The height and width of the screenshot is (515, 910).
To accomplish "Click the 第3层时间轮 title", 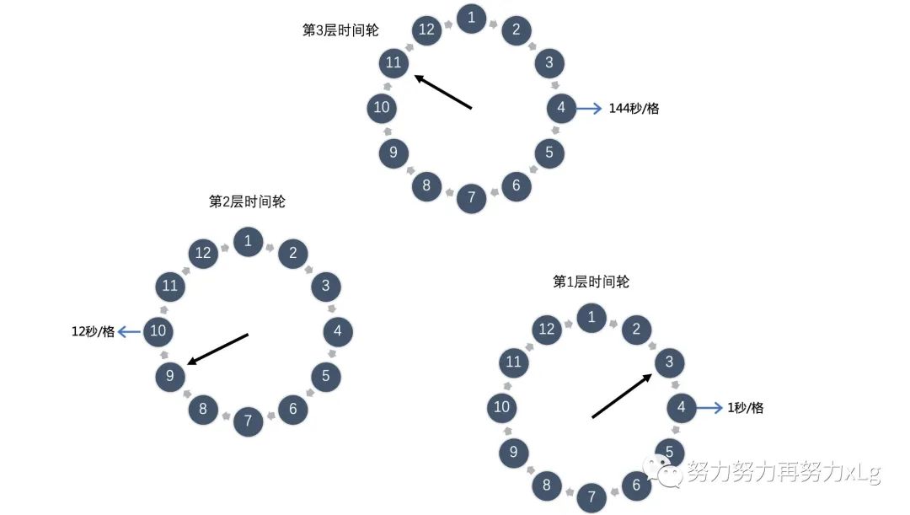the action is (x=340, y=30).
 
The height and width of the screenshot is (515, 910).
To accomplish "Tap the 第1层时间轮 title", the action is (x=591, y=282).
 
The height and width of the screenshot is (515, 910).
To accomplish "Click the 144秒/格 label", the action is (x=634, y=108).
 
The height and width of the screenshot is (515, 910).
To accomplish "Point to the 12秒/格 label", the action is (x=93, y=331).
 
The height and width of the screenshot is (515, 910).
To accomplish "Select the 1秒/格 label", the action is (x=745, y=408).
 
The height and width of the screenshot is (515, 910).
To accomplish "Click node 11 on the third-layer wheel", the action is (x=393, y=62).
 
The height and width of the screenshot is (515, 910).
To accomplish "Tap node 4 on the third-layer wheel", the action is (x=561, y=108).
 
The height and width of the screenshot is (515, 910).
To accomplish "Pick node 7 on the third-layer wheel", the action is (x=471, y=198).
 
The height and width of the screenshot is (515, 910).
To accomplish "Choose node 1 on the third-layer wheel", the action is (x=471, y=18).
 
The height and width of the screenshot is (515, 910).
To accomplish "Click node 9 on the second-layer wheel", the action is (x=170, y=376).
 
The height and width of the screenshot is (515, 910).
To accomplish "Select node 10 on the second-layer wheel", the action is (x=158, y=331).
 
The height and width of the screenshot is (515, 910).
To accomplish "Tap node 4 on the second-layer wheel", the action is (x=338, y=331).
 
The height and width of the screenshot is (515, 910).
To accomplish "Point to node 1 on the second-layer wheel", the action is (x=248, y=241).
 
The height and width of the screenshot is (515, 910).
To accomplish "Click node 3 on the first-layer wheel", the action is (x=670, y=362).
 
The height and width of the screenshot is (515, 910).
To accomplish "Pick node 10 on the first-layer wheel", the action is (x=502, y=408).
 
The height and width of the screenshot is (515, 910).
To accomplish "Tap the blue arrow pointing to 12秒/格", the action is (x=129, y=331).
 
